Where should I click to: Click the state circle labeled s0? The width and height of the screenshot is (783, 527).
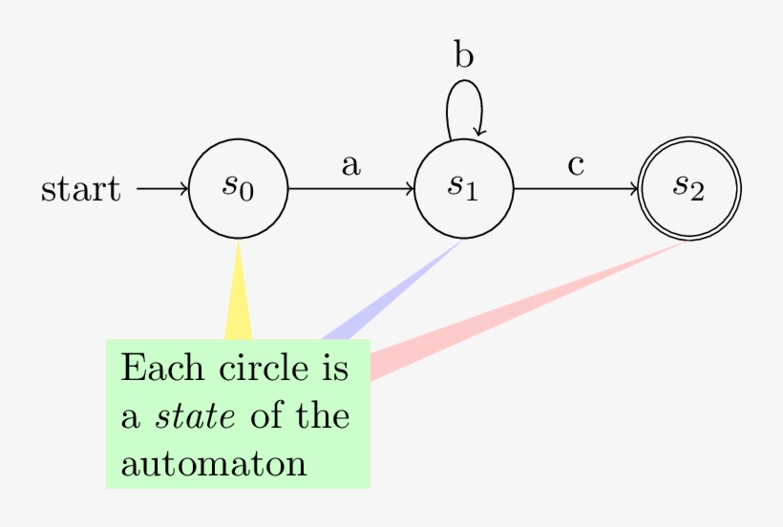pos(239,188)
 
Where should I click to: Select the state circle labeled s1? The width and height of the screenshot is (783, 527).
pos(464,188)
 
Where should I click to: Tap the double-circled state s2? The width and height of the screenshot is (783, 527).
pos(689,188)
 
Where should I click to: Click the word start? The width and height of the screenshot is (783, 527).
pos(81,189)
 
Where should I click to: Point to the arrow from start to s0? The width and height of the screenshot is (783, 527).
pos(163,188)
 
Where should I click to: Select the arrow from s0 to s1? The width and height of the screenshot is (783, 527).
pos(351,188)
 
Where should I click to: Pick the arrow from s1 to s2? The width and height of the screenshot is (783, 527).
pos(577,188)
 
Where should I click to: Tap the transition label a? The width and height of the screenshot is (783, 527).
pos(351,165)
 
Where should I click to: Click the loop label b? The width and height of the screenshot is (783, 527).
pos(464,56)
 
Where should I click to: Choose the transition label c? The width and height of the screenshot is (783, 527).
pos(576,165)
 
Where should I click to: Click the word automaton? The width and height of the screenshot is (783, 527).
pos(214,464)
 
